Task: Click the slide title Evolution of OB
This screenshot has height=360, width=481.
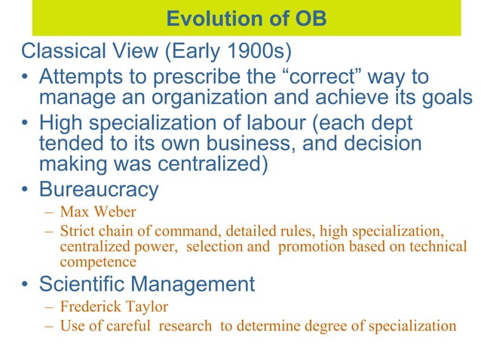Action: click(x=246, y=18)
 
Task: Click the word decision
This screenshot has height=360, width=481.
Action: click(x=381, y=143)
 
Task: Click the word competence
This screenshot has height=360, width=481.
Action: click(x=98, y=261)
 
